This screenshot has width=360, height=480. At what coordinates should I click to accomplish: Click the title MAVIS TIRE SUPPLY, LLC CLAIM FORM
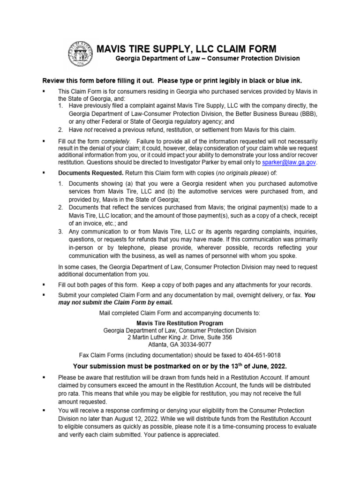point(186,49)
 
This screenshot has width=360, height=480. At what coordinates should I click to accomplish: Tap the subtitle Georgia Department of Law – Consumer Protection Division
point(207,59)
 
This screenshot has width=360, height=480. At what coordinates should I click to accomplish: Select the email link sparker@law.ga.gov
point(289,162)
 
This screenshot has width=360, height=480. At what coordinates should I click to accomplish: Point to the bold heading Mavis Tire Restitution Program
point(180,323)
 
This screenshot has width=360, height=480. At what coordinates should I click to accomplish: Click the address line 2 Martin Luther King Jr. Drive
point(180,337)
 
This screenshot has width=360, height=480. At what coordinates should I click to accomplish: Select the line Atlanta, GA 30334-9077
point(180,345)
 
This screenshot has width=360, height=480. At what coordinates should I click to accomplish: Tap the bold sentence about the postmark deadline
point(180,366)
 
